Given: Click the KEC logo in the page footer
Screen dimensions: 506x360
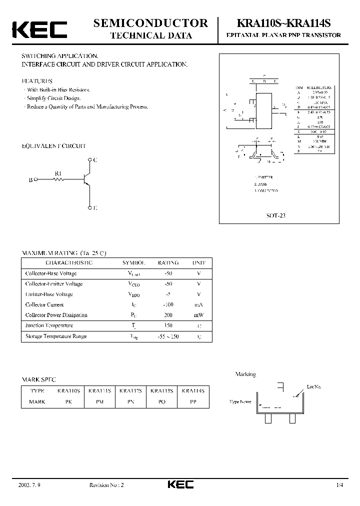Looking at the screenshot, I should click(180, 484).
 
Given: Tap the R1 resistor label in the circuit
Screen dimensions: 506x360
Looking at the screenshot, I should click(58, 173).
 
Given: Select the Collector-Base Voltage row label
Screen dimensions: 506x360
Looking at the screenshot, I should click(51, 273).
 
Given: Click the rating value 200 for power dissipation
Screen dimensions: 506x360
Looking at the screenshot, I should click(168, 315).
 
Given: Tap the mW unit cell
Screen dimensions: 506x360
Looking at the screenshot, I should click(198, 315).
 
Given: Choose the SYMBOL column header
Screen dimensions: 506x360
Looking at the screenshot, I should click(134, 262).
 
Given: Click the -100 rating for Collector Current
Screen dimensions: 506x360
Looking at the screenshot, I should click(168, 304).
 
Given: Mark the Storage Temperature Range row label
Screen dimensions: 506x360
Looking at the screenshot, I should click(56, 336).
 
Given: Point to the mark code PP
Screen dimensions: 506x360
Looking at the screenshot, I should click(193, 401).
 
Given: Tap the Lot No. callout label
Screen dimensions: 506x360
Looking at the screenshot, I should click(314, 386).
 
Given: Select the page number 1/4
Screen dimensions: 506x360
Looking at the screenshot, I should click(340, 485).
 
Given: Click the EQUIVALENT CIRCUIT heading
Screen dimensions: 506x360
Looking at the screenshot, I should click(54, 146).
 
